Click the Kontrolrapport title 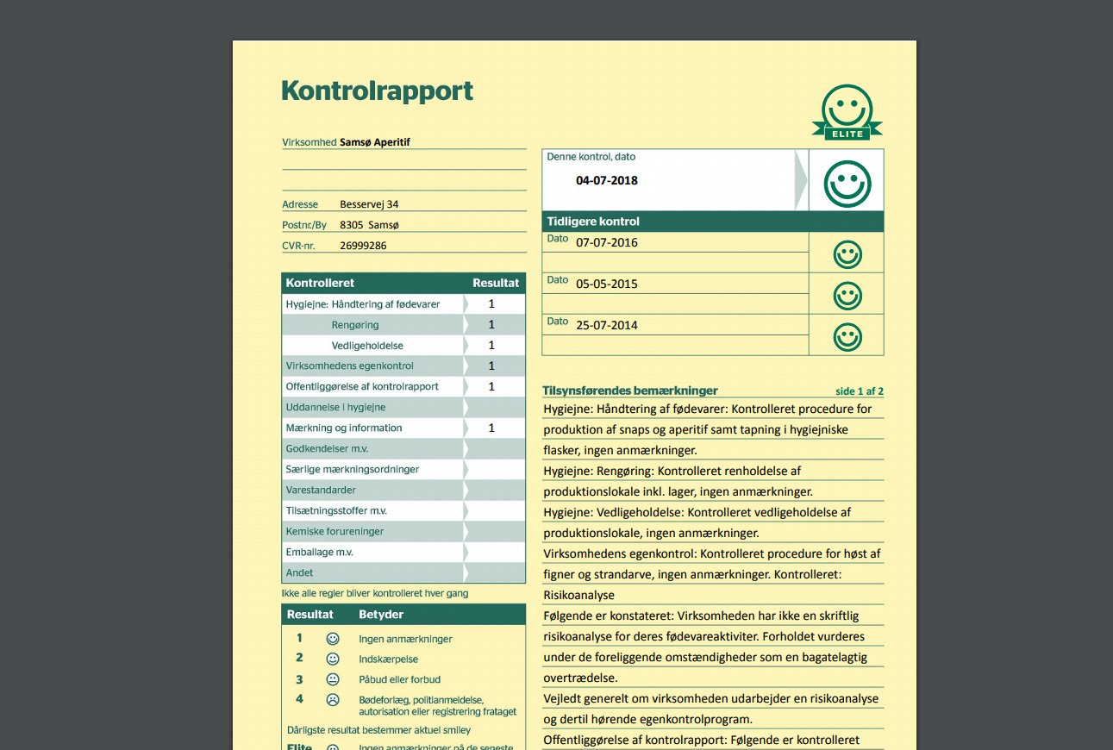click(378, 91)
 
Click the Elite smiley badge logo click(847, 113)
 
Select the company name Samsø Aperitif click(375, 142)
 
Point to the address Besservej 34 click(369, 204)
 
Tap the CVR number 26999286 click(363, 246)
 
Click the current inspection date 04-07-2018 click(607, 181)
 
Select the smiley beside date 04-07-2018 click(847, 184)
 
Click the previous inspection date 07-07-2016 click(607, 242)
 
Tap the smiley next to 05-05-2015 click(847, 295)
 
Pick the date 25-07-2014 click(607, 325)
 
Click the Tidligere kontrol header click(593, 222)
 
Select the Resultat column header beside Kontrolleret click(496, 283)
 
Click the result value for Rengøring click(491, 325)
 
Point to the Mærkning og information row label click(344, 428)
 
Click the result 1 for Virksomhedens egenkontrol click(491, 366)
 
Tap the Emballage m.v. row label click(320, 552)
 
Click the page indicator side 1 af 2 click(860, 391)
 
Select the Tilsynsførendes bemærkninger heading click(630, 391)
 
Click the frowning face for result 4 click(333, 699)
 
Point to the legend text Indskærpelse click(388, 659)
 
